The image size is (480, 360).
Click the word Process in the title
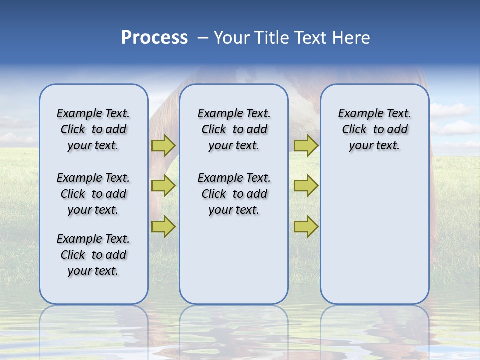pyautogui.click(x=154, y=38)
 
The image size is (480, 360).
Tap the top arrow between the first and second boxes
pyautogui.click(x=163, y=145)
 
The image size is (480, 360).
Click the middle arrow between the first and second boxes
pyautogui.click(x=163, y=186)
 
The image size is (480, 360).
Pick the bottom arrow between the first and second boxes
pyautogui.click(x=163, y=226)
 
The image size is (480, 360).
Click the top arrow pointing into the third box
pyautogui.click(x=306, y=145)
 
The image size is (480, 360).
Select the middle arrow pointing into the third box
pyautogui.click(x=306, y=186)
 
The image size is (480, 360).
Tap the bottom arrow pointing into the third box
pyautogui.click(x=306, y=226)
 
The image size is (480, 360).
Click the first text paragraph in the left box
pyautogui.click(x=93, y=129)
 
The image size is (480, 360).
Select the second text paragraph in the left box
pyautogui.click(x=93, y=194)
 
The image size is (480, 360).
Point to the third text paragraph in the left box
pyautogui.click(x=93, y=255)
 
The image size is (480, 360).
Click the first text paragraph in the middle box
pyautogui.click(x=234, y=129)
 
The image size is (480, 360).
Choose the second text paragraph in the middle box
pyautogui.click(x=234, y=194)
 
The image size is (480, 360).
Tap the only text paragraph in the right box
pyautogui.click(x=374, y=129)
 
